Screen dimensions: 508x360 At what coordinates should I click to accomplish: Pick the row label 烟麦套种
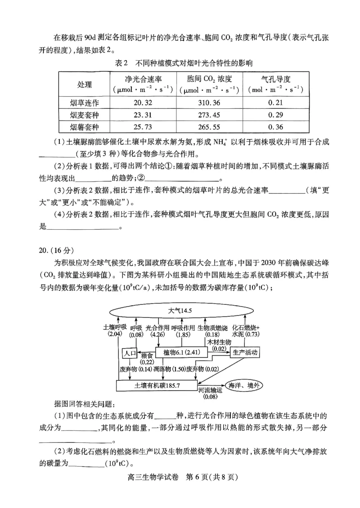pyautogui.click(x=84, y=115)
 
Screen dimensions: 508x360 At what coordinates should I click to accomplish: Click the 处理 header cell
pyautogui.click(x=84, y=85)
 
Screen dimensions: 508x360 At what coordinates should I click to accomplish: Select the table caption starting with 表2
pyautogui.click(x=180, y=63)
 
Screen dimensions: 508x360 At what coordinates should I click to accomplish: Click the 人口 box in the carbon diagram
pyautogui.click(x=129, y=353)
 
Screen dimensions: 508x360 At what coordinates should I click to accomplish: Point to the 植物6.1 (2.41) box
pyautogui.click(x=183, y=353)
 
